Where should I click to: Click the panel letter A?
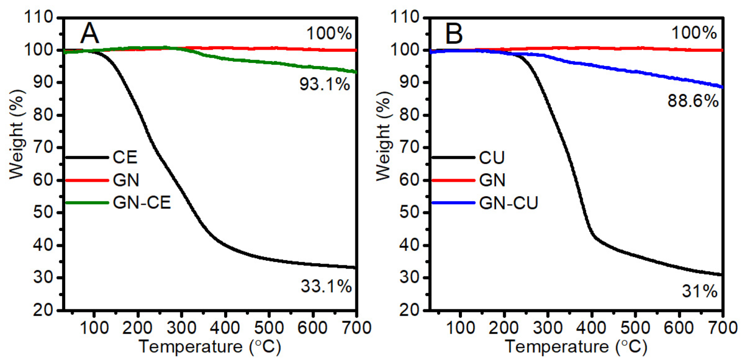[89, 33]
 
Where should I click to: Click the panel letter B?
[454, 33]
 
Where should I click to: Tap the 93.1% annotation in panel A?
[325, 84]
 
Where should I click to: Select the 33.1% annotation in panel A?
[326, 286]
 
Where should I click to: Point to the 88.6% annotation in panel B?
[693, 101]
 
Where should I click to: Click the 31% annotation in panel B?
[699, 291]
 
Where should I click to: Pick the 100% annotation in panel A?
[329, 33]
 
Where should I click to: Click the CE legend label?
[125, 157]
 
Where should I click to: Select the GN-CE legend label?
[142, 203]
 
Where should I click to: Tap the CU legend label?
[492, 158]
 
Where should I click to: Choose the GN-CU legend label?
[508, 203]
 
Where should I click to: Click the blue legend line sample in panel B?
[453, 203]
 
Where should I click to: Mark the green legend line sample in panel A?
[87, 203]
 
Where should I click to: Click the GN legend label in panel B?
[492, 180]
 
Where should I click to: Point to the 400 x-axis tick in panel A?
[225, 328]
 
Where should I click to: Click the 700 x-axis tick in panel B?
[722, 328]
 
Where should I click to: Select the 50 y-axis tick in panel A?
[43, 213]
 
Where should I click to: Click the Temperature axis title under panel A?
[209, 347]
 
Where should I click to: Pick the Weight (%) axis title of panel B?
[384, 136]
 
